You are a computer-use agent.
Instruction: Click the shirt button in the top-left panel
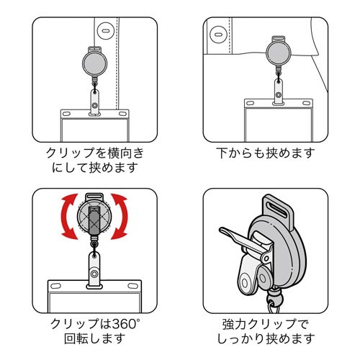coord(105,31)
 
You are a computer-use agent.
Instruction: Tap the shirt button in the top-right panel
coord(217,35)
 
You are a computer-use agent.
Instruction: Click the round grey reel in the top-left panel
coord(94,63)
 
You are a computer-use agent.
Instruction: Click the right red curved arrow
coord(122,217)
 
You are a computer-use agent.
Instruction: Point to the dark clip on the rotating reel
coord(94,220)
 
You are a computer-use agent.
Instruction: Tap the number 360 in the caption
coord(122,324)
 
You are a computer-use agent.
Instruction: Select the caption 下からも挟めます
coord(266,153)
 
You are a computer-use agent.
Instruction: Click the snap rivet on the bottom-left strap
coord(94,274)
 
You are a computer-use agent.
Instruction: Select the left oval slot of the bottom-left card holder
coord(55,286)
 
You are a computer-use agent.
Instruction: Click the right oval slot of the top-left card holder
coord(122,113)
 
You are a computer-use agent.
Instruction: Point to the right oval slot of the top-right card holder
coord(306,103)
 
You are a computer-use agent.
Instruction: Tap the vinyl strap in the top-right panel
coord(279,92)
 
